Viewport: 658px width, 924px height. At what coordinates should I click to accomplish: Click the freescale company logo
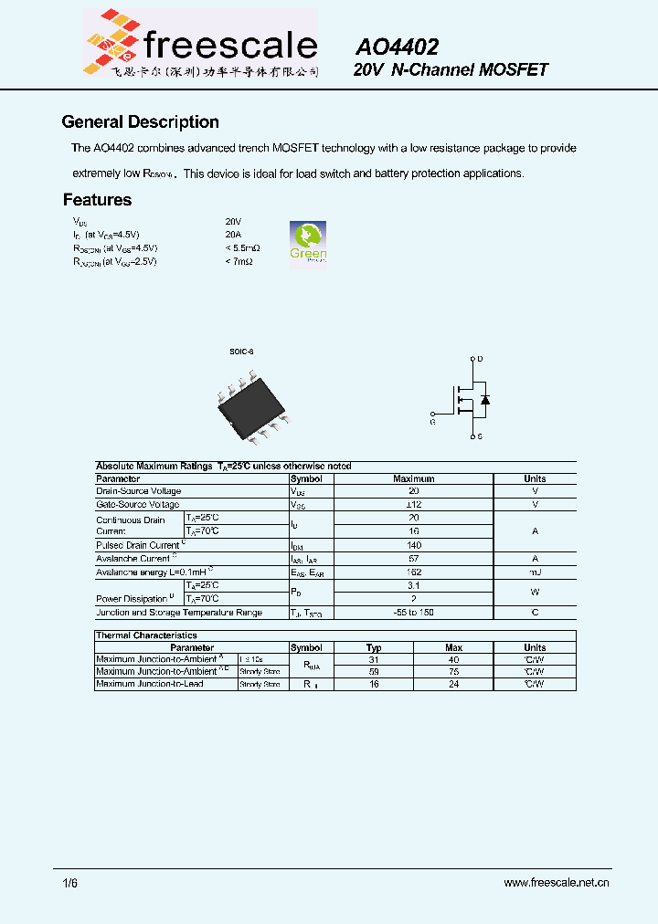tap(200, 44)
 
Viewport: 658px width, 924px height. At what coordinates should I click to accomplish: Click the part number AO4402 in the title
tap(397, 47)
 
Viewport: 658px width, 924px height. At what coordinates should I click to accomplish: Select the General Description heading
tap(140, 122)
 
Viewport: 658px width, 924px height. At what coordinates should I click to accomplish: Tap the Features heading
tap(97, 200)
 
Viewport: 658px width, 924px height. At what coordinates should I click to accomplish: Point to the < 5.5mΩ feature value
tap(242, 248)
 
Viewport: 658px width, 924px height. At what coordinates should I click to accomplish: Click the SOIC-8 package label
tap(240, 352)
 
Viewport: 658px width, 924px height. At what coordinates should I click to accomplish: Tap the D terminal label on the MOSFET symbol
tap(480, 359)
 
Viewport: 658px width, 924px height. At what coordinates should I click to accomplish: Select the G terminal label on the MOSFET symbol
tap(432, 422)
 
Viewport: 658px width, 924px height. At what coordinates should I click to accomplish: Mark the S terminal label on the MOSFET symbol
tap(480, 437)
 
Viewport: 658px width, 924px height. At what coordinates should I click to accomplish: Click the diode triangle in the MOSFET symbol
tap(485, 400)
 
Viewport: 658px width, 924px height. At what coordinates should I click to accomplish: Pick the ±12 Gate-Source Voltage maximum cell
tap(413, 504)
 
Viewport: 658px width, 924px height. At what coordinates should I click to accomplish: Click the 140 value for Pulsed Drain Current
tap(413, 545)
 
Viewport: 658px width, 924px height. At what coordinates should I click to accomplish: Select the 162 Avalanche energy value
tap(413, 572)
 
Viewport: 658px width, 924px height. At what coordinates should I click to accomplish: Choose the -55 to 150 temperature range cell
tap(413, 613)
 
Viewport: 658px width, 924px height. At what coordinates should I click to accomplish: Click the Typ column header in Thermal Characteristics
tap(374, 647)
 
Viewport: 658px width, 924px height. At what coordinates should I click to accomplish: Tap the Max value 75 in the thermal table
tap(453, 671)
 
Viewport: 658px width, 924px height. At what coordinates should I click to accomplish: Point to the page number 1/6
tap(70, 883)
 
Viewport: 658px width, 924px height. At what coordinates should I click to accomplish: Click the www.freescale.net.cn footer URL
tap(556, 883)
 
